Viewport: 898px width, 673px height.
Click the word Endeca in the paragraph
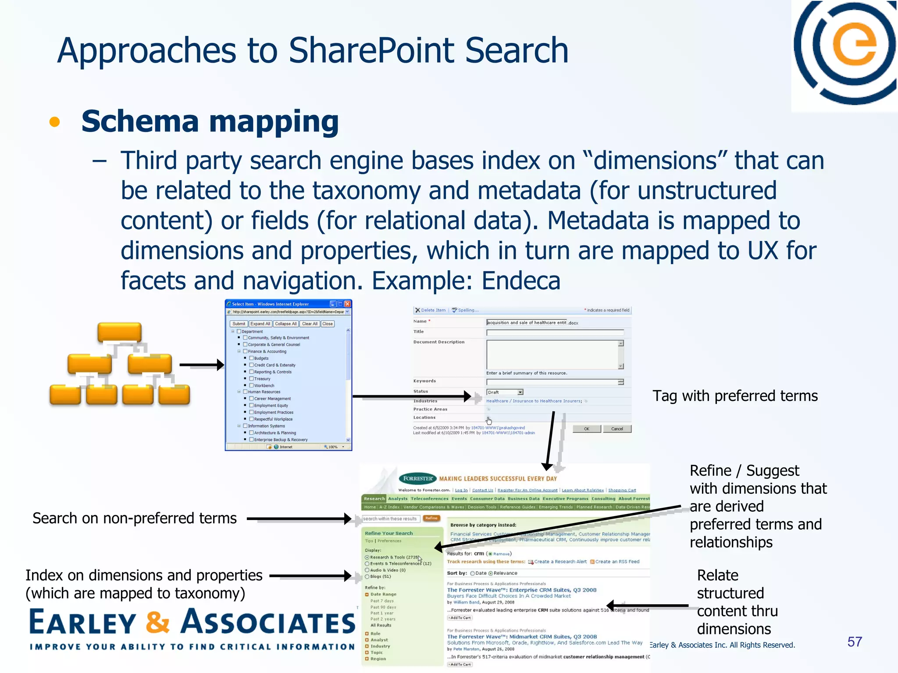click(521, 281)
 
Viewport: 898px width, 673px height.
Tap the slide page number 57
click(855, 642)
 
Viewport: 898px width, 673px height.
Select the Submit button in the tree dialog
click(239, 324)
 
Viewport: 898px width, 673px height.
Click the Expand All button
click(260, 324)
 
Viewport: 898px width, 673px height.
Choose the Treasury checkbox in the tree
click(252, 379)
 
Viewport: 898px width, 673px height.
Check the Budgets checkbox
click(252, 358)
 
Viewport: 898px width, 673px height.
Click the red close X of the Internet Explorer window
click(348, 304)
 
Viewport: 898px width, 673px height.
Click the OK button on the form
click(587, 429)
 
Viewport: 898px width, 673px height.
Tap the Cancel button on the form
click(617, 429)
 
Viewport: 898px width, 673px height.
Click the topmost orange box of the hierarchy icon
click(119, 332)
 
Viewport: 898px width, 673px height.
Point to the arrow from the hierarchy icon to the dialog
click(201, 365)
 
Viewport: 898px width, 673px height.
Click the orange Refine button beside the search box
click(431, 518)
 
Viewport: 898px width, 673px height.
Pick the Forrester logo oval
click(418, 478)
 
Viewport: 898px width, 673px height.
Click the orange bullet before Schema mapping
click(55, 122)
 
